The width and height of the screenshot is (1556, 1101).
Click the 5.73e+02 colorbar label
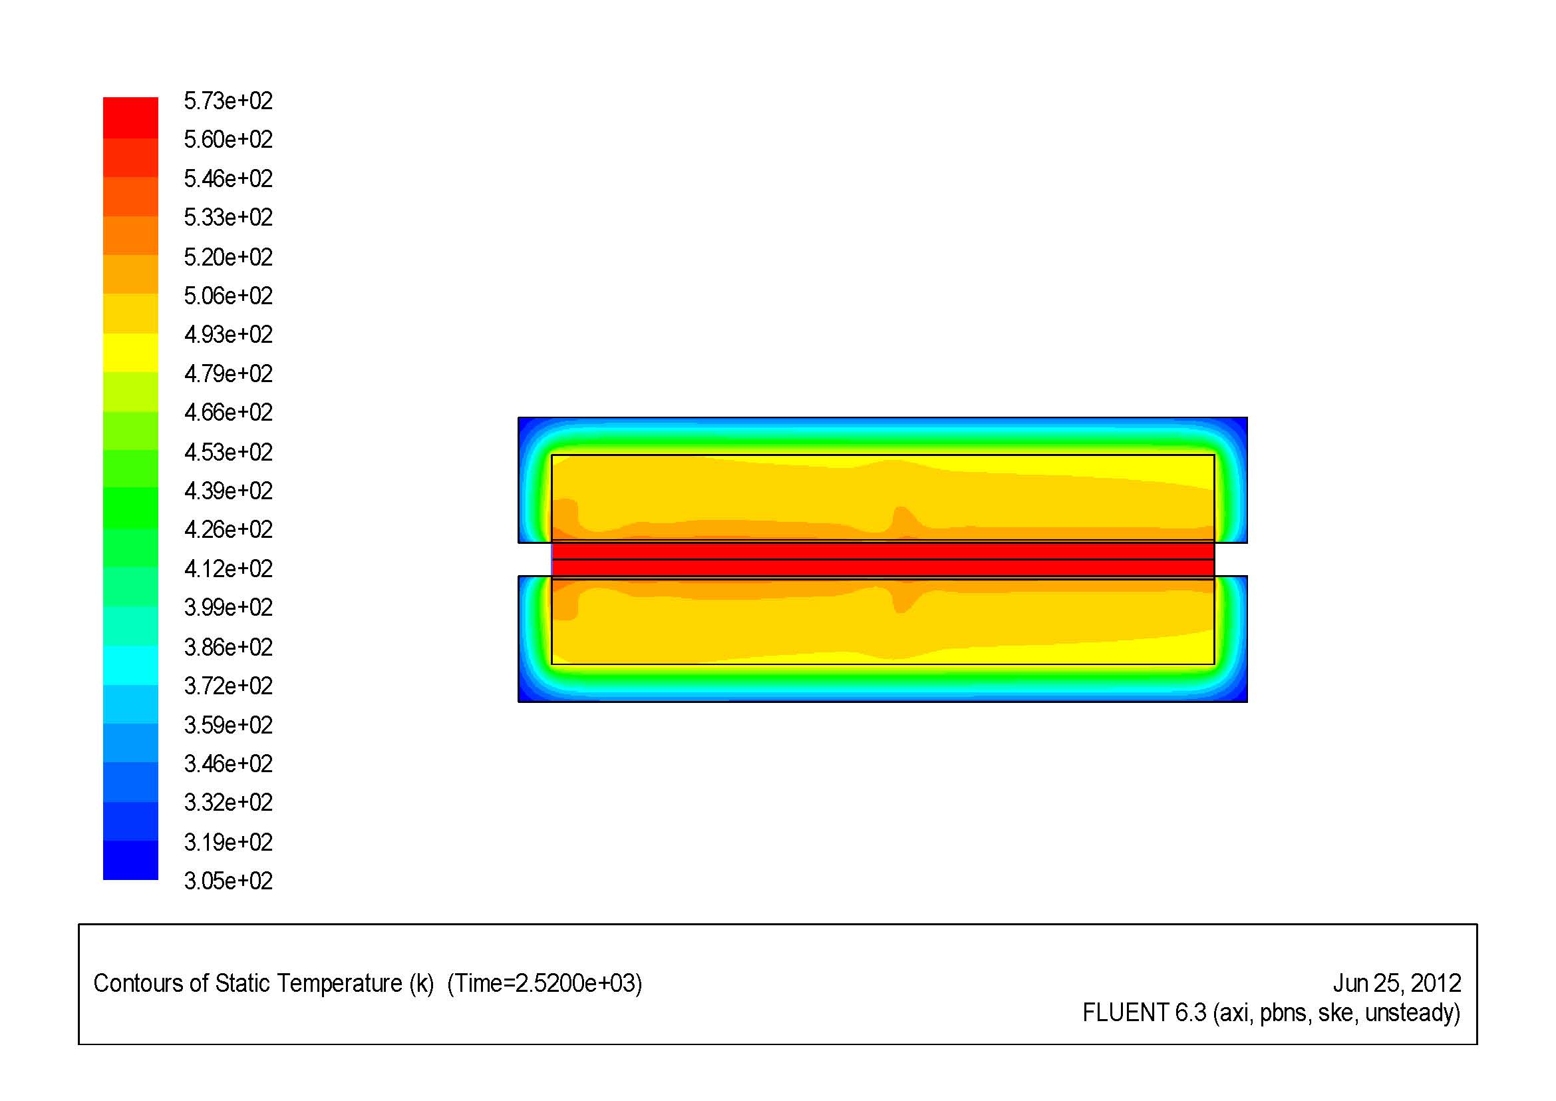[228, 101]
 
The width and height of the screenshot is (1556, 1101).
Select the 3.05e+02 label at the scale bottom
[228, 881]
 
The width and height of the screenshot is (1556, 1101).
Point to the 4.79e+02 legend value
[228, 373]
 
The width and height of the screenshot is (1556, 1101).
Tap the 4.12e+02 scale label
[228, 568]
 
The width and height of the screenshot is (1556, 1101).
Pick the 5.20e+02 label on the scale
[228, 257]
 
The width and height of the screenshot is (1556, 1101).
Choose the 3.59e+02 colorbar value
[228, 725]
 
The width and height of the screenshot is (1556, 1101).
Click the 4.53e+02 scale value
[228, 451]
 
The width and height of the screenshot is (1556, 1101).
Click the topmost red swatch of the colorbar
[130, 118]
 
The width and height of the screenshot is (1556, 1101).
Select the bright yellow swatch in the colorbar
[130, 353]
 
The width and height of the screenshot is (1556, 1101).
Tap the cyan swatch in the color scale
[130, 666]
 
